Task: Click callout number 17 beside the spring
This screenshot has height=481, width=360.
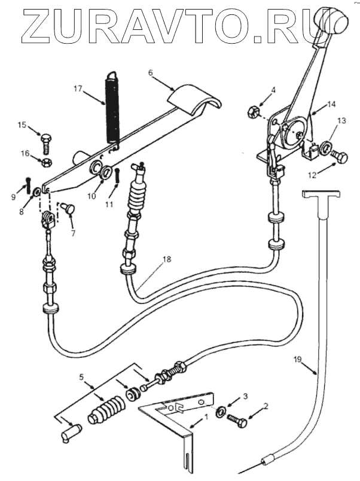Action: pos(78,89)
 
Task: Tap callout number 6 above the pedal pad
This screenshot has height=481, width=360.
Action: pos(150,72)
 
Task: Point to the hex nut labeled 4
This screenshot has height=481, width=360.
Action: pos(253,111)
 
